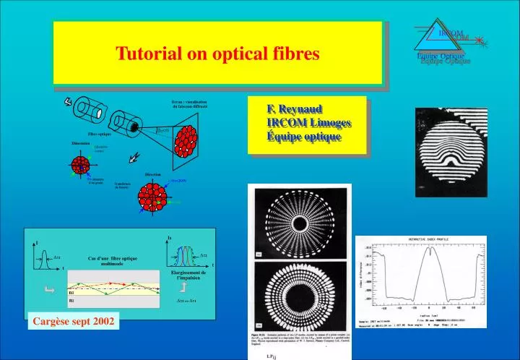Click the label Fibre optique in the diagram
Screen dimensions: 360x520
[x=100, y=134]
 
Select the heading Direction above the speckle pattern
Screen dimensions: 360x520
[x=152, y=175]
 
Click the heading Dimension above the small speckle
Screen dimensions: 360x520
[x=80, y=143]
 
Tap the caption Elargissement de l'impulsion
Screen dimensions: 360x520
[x=188, y=275]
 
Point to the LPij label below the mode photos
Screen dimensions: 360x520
[x=271, y=356]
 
